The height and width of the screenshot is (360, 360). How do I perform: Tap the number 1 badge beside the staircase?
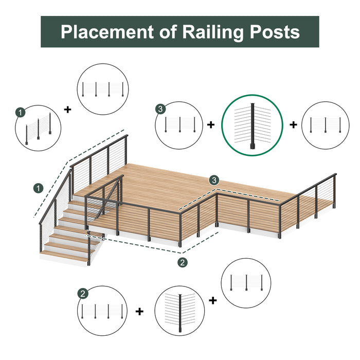38,188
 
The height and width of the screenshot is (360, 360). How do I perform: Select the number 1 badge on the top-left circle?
20,112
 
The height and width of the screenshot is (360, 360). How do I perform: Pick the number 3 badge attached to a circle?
161,109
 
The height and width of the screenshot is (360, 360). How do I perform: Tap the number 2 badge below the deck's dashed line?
182,263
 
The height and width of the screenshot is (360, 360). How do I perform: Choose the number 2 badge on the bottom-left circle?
83,294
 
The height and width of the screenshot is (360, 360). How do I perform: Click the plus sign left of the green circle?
211,125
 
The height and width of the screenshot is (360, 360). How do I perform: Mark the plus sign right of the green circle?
293,125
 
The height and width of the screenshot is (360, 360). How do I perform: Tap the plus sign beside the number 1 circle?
67,109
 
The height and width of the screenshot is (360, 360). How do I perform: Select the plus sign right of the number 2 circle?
139,311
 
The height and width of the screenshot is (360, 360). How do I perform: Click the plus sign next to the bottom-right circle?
213,300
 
